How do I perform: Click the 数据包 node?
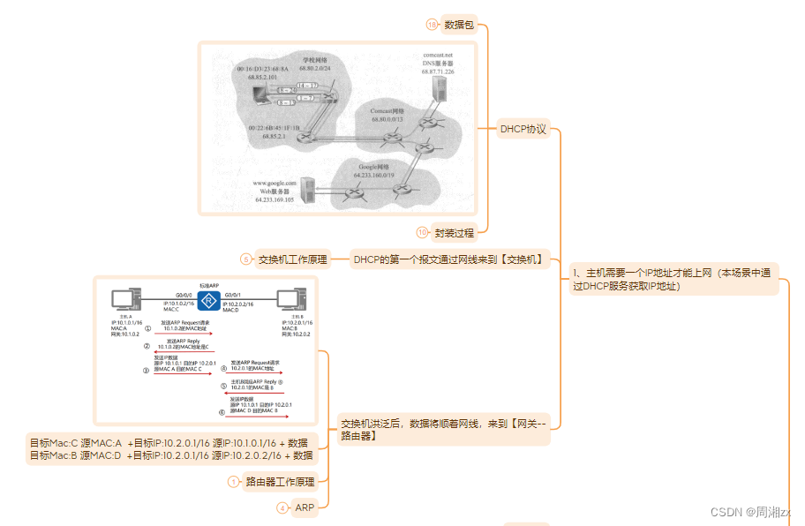click(x=459, y=26)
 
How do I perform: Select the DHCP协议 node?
click(x=523, y=129)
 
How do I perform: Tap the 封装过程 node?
click(x=455, y=234)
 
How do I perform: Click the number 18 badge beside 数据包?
click(x=432, y=26)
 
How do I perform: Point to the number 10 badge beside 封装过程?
click(x=423, y=234)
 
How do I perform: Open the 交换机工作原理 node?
click(x=292, y=259)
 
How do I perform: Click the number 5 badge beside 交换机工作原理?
click(x=246, y=259)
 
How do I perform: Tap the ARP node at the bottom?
click(x=305, y=507)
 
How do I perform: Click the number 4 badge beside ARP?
click(x=282, y=507)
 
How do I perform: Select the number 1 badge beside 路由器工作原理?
click(x=234, y=482)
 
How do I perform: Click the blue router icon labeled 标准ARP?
click(x=209, y=302)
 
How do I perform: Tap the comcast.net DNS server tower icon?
click(x=440, y=86)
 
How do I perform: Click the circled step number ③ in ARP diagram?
click(x=147, y=370)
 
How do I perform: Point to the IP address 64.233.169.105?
click(x=275, y=200)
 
